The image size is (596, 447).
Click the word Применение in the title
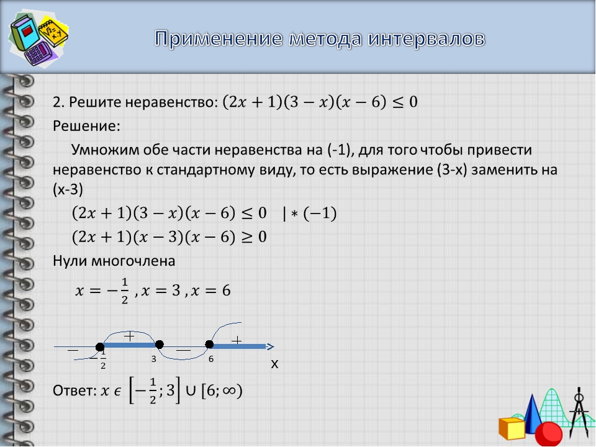point(219,38)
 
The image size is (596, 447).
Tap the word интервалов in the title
point(426,39)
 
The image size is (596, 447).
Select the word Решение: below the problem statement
point(86,126)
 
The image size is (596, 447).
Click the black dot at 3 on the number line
point(160,345)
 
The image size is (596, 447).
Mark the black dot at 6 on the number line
point(209,345)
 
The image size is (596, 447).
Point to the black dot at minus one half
point(99,346)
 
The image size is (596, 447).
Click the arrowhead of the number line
point(270,346)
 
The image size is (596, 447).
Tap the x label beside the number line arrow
point(274,364)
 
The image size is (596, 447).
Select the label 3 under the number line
point(153,359)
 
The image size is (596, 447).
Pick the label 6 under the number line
point(211,359)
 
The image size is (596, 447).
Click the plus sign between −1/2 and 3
point(129,336)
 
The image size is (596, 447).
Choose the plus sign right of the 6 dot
point(237,340)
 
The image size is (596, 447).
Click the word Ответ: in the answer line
point(75,391)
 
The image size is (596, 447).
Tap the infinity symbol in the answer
point(229,391)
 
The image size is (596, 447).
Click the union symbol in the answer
point(191,391)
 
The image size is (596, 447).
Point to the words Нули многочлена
point(114,261)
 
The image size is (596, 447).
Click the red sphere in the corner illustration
point(548,434)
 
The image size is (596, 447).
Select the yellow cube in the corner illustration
point(512,428)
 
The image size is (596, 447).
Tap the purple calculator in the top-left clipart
point(41,53)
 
